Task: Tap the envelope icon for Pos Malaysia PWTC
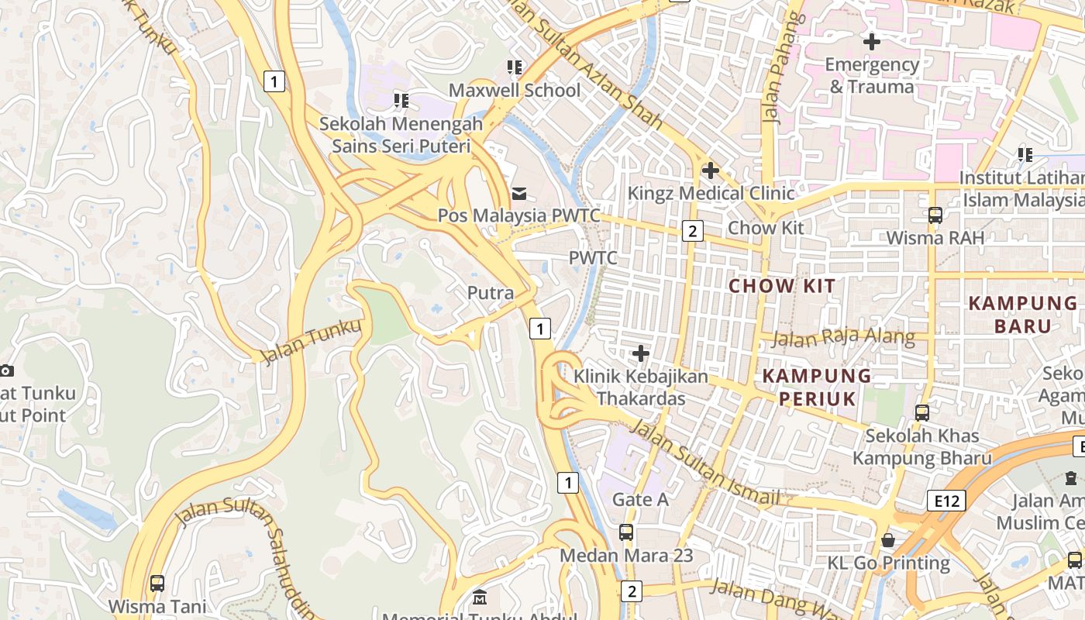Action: coord(518,193)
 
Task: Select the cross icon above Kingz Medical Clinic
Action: coord(710,170)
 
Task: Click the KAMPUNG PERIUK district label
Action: coord(817,387)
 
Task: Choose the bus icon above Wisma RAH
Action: coord(935,215)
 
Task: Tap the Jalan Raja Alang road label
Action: coord(843,338)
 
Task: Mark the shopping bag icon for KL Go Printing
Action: coord(887,539)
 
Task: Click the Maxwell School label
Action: coord(515,90)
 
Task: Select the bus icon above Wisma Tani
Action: coord(157,583)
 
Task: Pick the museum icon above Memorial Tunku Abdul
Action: coord(480,598)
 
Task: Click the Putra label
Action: coord(491,293)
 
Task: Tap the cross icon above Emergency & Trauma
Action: coord(872,41)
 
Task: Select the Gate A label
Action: coord(640,499)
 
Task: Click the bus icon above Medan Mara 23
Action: coord(625,532)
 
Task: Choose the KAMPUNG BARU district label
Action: coord(1022,314)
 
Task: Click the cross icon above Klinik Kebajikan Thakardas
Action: coord(640,353)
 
